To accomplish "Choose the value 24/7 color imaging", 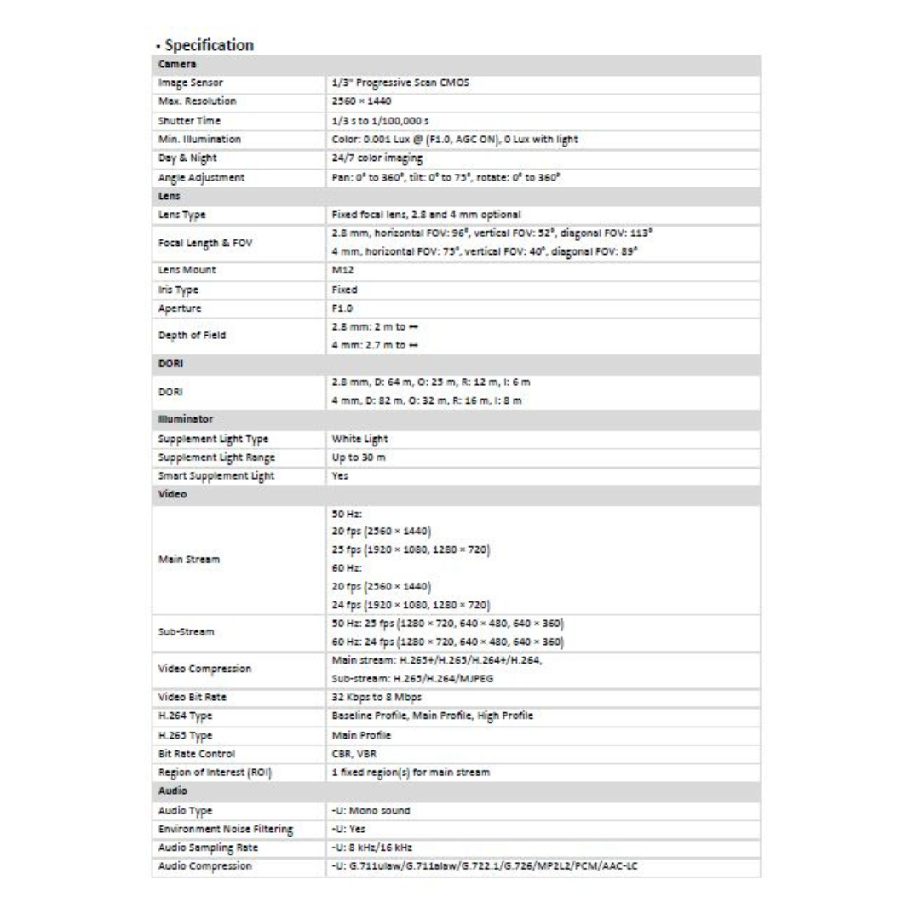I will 377,158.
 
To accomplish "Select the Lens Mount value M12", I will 342,270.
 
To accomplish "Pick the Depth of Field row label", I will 191,336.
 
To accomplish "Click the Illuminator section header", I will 184,419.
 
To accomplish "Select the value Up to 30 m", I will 359,458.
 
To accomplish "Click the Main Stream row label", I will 188,560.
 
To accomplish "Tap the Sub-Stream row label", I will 186,633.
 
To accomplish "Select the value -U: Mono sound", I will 371,810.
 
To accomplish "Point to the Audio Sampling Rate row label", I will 208,848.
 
